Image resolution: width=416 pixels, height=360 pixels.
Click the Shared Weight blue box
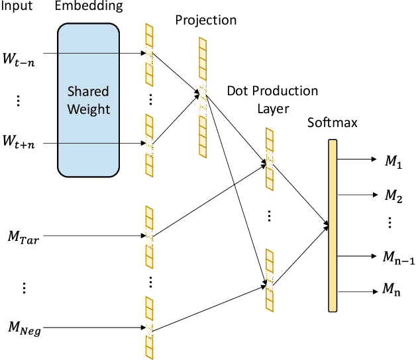point(88,99)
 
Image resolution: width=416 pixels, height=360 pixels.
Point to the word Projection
point(205,20)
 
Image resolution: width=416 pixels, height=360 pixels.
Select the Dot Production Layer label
point(272,98)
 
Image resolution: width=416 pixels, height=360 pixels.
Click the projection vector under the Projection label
point(203,97)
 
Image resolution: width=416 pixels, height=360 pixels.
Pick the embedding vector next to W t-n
point(149,54)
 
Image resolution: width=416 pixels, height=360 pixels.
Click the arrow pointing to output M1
point(357,159)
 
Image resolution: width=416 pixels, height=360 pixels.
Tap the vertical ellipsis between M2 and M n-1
point(391,223)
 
